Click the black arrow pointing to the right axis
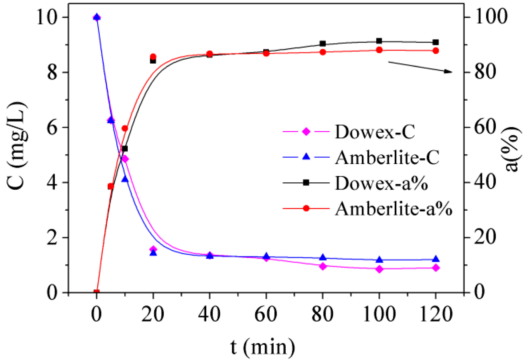[x=420, y=67]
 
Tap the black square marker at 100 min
[x=379, y=41]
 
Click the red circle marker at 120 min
[x=436, y=51]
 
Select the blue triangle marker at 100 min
[x=379, y=260]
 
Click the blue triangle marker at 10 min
[x=124, y=179]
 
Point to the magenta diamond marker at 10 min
[x=125, y=159]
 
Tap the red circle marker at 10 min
[x=125, y=128]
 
